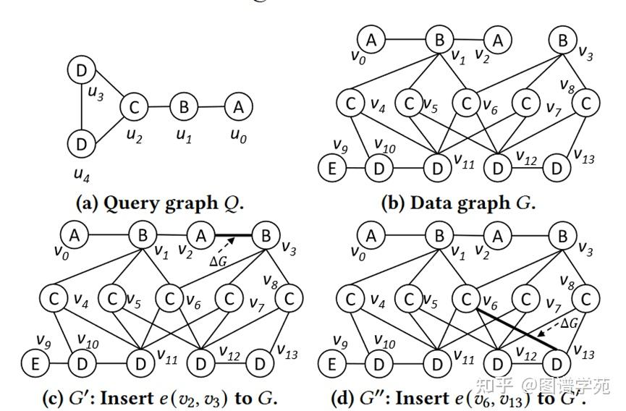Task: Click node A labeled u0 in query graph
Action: coord(238,107)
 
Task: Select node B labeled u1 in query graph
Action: coord(184,108)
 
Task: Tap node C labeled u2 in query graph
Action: coord(133,107)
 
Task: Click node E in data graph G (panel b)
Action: coord(333,169)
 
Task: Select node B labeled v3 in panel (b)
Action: coord(562,40)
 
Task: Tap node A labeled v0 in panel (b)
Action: coord(372,39)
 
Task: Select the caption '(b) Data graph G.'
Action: coord(458,203)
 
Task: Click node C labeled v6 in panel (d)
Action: coord(465,298)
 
